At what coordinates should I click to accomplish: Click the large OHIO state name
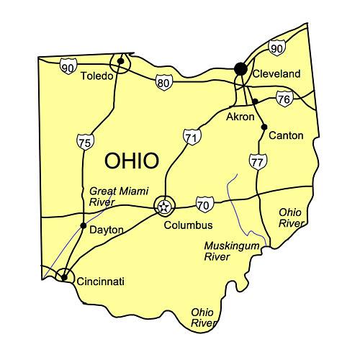coord(132,161)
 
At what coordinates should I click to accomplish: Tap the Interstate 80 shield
coord(163,82)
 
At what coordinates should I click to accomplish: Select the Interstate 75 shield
coord(84,142)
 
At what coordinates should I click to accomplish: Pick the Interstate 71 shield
coord(190,136)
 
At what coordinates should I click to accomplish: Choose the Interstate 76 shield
coord(284,99)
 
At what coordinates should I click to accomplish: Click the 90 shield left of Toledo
coord(68,67)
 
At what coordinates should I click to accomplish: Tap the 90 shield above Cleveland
coord(276,48)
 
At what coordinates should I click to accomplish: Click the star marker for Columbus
coord(165,207)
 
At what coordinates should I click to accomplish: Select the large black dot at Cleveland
coord(240,68)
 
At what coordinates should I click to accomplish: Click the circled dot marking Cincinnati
coord(64,276)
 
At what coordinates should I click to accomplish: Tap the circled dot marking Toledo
coord(121,61)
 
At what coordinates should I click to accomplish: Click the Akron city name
coord(240,116)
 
